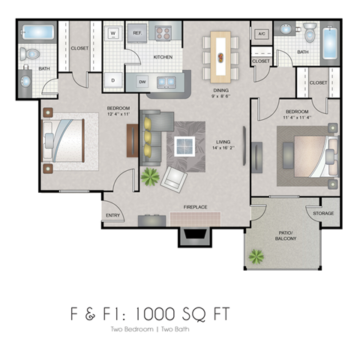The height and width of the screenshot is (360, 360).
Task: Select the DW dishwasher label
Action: click(x=141, y=81)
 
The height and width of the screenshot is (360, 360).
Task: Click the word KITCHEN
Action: click(x=164, y=57)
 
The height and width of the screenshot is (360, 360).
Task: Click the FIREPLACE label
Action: click(x=195, y=207)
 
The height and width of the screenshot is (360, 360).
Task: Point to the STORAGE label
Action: click(x=324, y=213)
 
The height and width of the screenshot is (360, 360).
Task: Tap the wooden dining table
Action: click(x=221, y=49)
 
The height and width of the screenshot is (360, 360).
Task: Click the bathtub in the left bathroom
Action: click(x=35, y=33)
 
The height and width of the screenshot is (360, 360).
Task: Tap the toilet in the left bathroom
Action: click(x=29, y=54)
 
